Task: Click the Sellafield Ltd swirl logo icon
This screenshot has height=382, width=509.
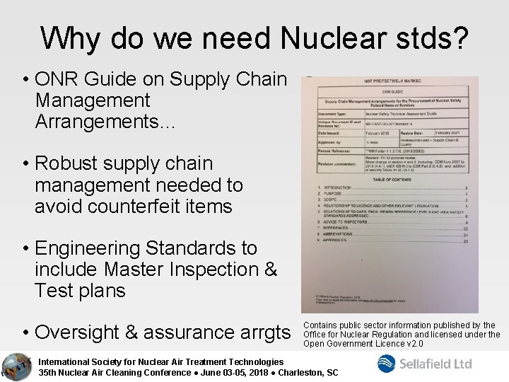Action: (x=386, y=364)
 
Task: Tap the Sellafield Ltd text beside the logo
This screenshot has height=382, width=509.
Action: (x=435, y=364)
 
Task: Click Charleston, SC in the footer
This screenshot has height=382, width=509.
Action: (x=311, y=372)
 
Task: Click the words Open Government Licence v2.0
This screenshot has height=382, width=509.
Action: (x=363, y=344)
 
